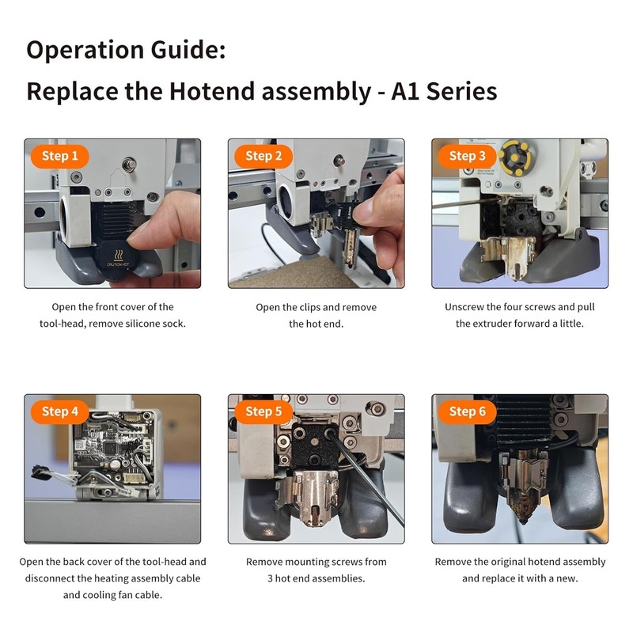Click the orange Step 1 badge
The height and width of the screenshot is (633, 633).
point(60,156)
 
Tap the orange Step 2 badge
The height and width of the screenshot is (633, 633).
point(263,156)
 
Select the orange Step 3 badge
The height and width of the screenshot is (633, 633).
point(467,156)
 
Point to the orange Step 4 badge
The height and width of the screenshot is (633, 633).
point(60,411)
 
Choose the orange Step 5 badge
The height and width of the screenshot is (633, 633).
point(263,411)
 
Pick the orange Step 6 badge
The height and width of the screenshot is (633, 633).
point(467,411)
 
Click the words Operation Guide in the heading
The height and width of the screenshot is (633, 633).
point(126,50)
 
